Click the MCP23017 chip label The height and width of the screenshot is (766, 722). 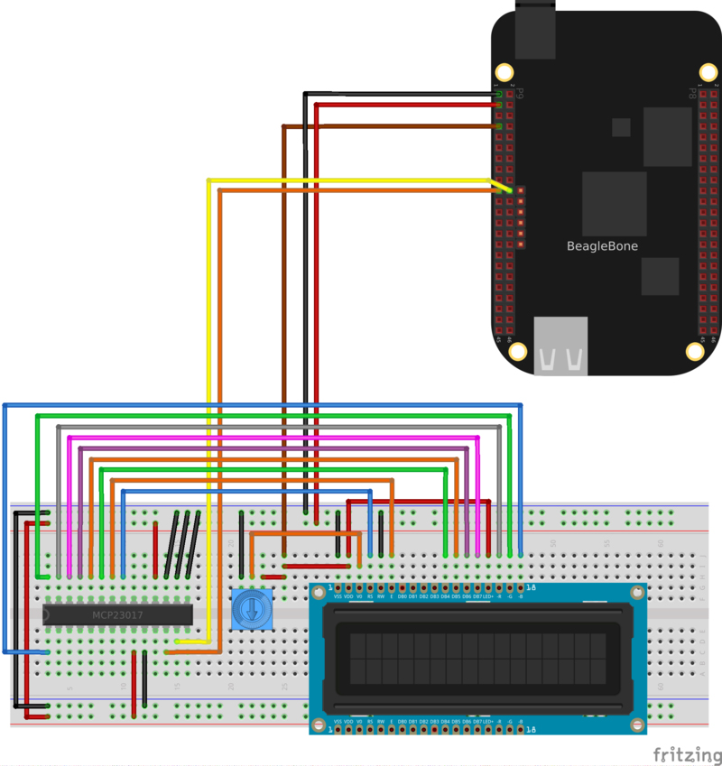(x=117, y=615)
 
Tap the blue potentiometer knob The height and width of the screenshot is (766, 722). (x=249, y=611)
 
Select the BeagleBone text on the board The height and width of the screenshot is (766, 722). (x=602, y=245)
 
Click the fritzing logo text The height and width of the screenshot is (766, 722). (x=685, y=753)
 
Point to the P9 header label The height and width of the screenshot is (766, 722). (x=520, y=93)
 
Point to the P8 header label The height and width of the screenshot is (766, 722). (x=692, y=93)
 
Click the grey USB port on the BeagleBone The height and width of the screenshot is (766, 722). (x=560, y=346)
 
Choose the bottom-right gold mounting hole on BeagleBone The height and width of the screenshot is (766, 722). (x=695, y=350)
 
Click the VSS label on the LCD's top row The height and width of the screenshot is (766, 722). (x=338, y=596)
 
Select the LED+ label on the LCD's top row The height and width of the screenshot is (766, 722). (x=488, y=596)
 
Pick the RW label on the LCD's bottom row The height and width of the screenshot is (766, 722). (x=381, y=721)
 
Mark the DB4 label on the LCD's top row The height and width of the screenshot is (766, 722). (x=445, y=596)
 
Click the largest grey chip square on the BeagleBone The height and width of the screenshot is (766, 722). (x=615, y=203)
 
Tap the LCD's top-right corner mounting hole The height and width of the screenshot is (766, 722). (x=639, y=591)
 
